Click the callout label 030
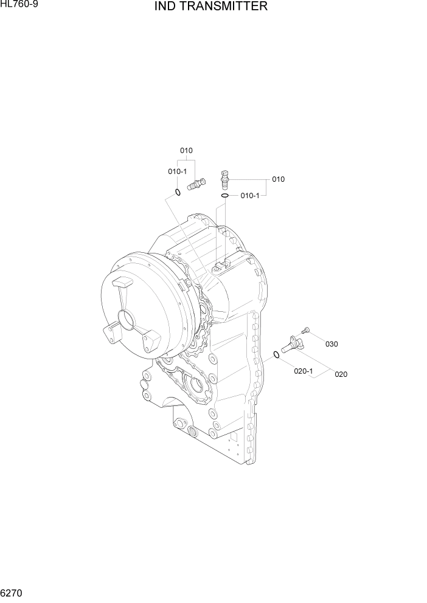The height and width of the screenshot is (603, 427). click(x=332, y=344)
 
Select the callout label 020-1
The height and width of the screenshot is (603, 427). click(x=304, y=371)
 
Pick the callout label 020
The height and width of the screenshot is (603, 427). click(x=341, y=374)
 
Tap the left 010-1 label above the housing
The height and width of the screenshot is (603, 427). click(x=178, y=171)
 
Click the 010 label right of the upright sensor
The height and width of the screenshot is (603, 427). click(x=278, y=179)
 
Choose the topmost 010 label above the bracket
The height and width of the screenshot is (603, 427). click(x=186, y=150)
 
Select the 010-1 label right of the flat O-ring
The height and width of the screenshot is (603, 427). click(x=250, y=195)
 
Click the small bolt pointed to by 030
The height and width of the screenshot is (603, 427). click(x=306, y=329)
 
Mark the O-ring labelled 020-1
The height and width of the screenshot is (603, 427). click(x=277, y=355)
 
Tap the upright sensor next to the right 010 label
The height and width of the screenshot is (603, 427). click(x=225, y=177)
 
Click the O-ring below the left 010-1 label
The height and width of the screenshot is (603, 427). click(x=178, y=193)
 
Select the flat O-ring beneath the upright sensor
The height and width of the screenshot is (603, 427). click(x=224, y=196)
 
